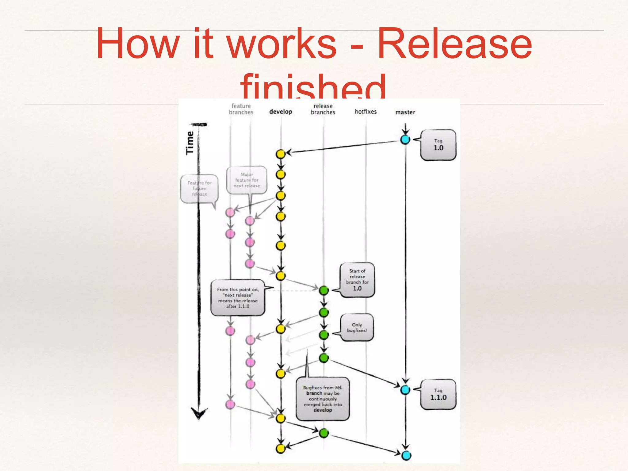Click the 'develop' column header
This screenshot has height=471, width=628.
pyautogui.click(x=281, y=112)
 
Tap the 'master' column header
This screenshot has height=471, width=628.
pyautogui.click(x=405, y=112)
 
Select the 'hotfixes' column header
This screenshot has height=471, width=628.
pyautogui.click(x=366, y=112)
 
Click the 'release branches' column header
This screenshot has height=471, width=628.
pyautogui.click(x=323, y=109)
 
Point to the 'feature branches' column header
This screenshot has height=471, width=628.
pyautogui.click(x=241, y=109)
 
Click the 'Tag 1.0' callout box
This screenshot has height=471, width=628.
pyautogui.click(x=438, y=145)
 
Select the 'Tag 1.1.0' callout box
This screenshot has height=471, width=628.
pyautogui.click(x=438, y=394)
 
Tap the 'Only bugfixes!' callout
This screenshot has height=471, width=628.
pyautogui.click(x=357, y=327)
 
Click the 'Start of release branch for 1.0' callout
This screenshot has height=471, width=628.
pyautogui.click(x=357, y=280)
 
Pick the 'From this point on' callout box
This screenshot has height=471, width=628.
pyautogui.click(x=238, y=298)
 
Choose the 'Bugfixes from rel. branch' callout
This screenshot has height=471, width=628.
pyautogui.click(x=323, y=399)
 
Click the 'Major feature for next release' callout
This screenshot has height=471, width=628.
pyautogui.click(x=247, y=180)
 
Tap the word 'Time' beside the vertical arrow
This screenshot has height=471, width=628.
pyautogui.click(x=190, y=143)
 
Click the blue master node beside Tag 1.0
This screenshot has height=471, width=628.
pyautogui.click(x=405, y=140)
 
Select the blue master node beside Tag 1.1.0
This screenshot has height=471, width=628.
pyautogui.click(x=405, y=390)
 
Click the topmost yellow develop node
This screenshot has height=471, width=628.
pyautogui.click(x=281, y=154)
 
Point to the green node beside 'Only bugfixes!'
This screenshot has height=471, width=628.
pyautogui.click(x=324, y=335)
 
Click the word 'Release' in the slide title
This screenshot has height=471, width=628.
pyautogui.click(x=454, y=44)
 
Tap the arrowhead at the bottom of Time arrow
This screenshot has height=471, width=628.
pyautogui.click(x=199, y=414)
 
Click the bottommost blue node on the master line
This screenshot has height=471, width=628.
pyautogui.click(x=406, y=455)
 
